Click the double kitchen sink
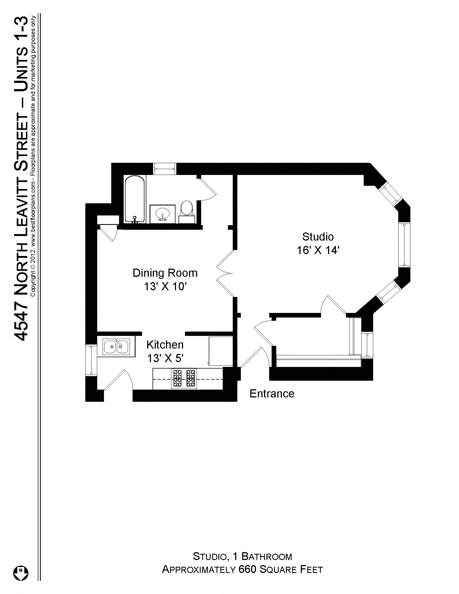click(x=116, y=347)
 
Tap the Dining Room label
click(x=165, y=273)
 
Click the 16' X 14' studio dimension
click(x=318, y=250)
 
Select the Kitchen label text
click(x=165, y=345)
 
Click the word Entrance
click(x=272, y=394)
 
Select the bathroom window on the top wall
click(x=164, y=169)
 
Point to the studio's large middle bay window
click(x=404, y=245)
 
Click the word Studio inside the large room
click(x=318, y=237)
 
